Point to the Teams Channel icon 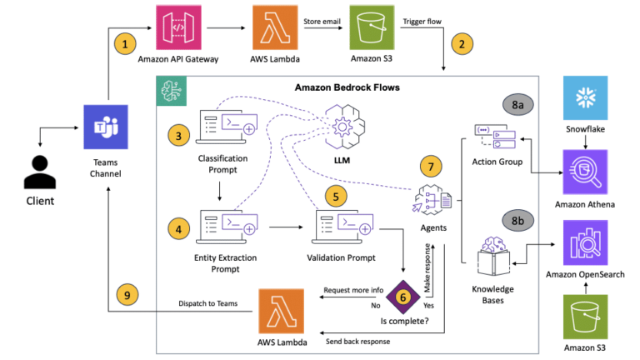click(x=106, y=127)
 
